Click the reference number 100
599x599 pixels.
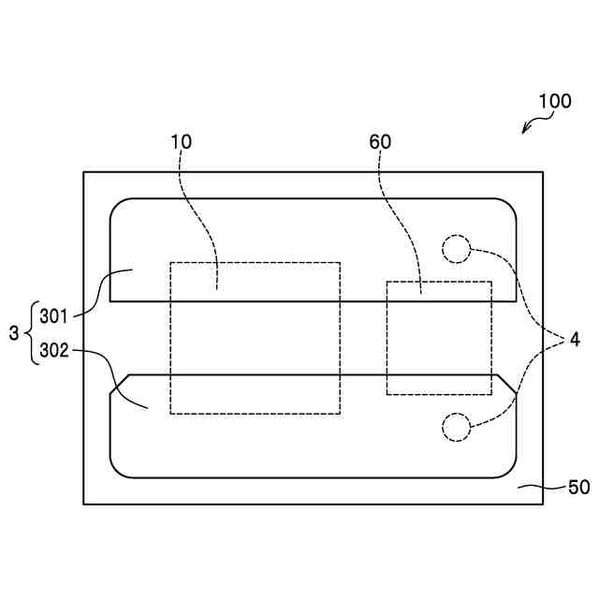pyautogui.click(x=554, y=101)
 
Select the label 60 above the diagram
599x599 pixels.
pyautogui.click(x=381, y=142)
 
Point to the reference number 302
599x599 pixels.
pyautogui.click(x=55, y=352)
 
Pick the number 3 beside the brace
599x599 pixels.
pyautogui.click(x=13, y=332)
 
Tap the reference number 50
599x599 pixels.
pyautogui.click(x=579, y=488)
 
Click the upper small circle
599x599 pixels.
pyautogui.click(x=456, y=248)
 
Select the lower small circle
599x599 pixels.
pyautogui.click(x=456, y=427)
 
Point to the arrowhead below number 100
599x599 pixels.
pyautogui.click(x=525, y=132)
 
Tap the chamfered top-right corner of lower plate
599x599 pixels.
pyautogui.click(x=506, y=383)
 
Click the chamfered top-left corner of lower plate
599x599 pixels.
pyautogui.click(x=119, y=384)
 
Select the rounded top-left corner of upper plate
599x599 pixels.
pyautogui.click(x=117, y=205)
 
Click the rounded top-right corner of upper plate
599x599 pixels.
pyautogui.click(x=509, y=205)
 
